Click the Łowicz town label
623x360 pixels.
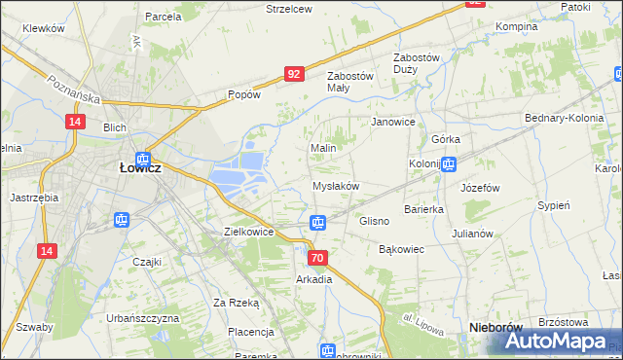[x=139, y=166]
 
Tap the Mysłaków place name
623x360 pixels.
[x=336, y=186]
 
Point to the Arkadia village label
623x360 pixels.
[x=314, y=279]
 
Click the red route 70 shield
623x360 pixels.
[x=317, y=258]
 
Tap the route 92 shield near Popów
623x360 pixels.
[x=295, y=73]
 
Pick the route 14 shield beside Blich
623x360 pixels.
[x=74, y=121]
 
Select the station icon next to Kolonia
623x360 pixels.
[x=448, y=164]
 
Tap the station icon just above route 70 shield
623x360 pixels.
[x=317, y=223]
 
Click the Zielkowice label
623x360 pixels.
[x=248, y=233]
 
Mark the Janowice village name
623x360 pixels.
[x=394, y=123]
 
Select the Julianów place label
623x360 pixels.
[x=474, y=234]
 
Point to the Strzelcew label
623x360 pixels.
[x=289, y=8]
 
